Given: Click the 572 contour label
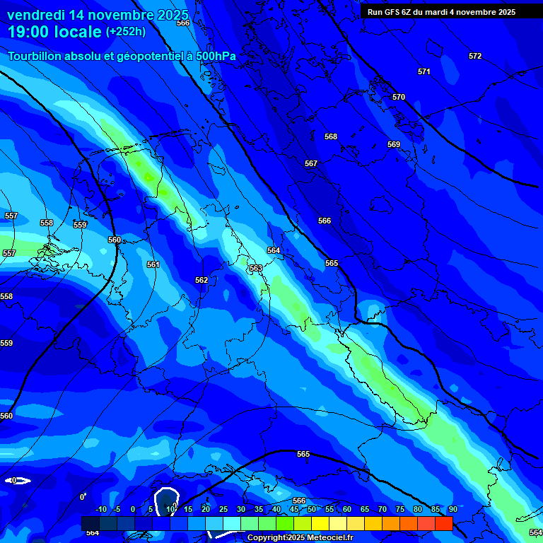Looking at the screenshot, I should (x=475, y=56).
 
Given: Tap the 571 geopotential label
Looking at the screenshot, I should (x=424, y=71).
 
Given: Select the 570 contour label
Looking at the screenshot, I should (x=399, y=97).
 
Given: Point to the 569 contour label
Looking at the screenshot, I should (x=394, y=144).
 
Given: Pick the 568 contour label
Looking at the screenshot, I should (x=331, y=136).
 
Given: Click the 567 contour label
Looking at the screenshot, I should (x=311, y=163).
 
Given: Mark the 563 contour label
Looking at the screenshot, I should (x=256, y=268).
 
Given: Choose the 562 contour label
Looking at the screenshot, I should (x=202, y=280).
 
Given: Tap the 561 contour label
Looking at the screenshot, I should (x=153, y=264).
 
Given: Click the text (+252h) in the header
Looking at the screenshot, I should (x=126, y=32).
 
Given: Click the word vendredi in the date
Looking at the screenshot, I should (x=36, y=15).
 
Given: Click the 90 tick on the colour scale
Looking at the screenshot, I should (x=452, y=509).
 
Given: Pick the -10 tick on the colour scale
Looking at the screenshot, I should (x=100, y=509).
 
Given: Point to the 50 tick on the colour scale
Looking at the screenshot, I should (x=312, y=509).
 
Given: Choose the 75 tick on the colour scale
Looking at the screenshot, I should (x=400, y=509).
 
